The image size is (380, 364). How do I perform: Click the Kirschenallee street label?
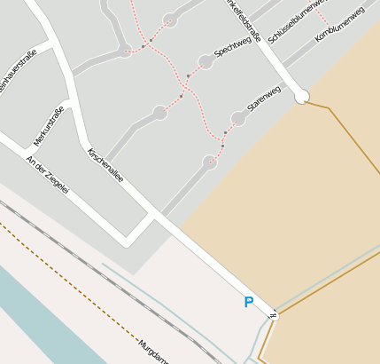[x=105, y=166]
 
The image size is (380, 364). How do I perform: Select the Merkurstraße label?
[x=49, y=125]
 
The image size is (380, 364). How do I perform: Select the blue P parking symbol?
[x=248, y=303]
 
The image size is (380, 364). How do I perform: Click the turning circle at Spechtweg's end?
[x=206, y=61]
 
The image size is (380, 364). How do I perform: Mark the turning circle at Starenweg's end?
[x=237, y=118]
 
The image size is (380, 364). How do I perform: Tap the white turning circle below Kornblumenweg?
[x=302, y=96]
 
